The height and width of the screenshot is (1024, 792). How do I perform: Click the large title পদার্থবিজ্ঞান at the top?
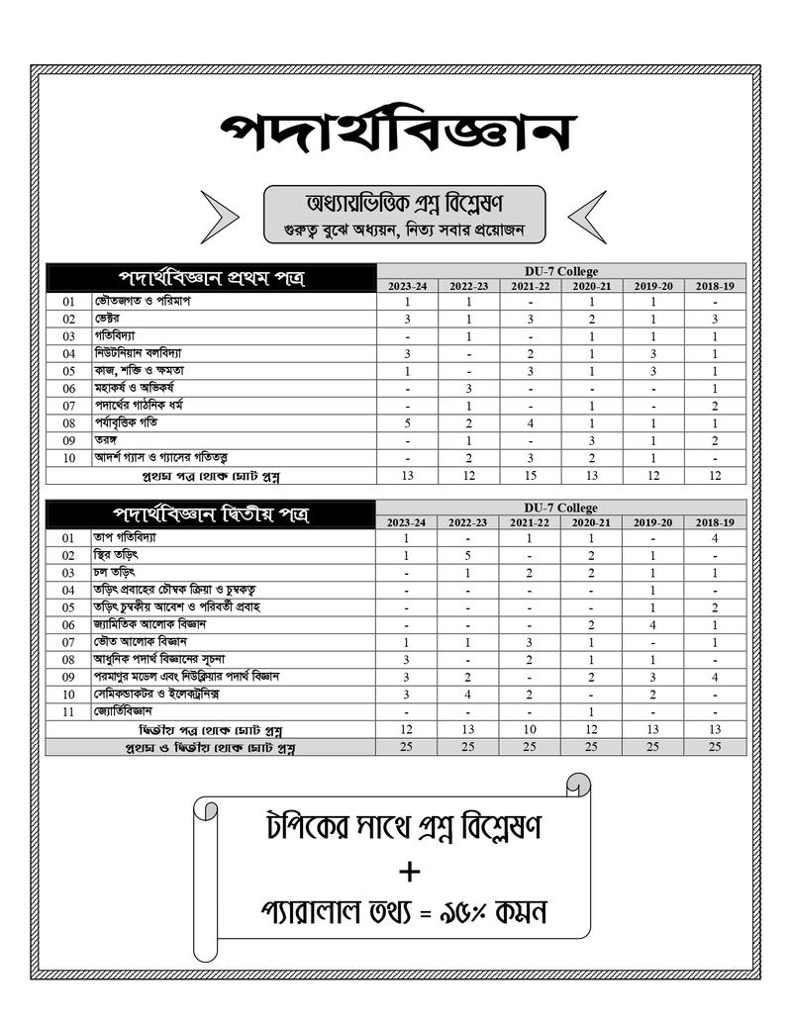click(x=397, y=132)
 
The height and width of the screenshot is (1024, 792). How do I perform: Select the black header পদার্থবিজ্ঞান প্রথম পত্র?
click(x=211, y=277)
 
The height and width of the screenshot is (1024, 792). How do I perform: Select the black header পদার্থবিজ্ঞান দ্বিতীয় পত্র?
click(x=211, y=513)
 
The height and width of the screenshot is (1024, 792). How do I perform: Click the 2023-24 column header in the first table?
click(x=407, y=285)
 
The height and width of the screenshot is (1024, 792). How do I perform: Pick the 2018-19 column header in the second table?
click(x=714, y=521)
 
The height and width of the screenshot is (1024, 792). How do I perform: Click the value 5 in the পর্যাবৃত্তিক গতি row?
click(x=407, y=422)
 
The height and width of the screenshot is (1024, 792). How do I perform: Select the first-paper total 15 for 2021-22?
click(x=530, y=476)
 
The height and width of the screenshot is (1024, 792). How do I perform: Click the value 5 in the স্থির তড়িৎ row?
click(x=468, y=556)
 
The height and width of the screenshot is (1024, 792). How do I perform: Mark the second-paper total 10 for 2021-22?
click(x=530, y=728)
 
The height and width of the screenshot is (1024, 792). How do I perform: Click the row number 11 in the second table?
click(x=68, y=711)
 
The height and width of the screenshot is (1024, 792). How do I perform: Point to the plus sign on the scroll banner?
click(x=409, y=872)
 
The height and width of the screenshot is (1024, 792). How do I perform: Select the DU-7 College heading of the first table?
click(x=560, y=271)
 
